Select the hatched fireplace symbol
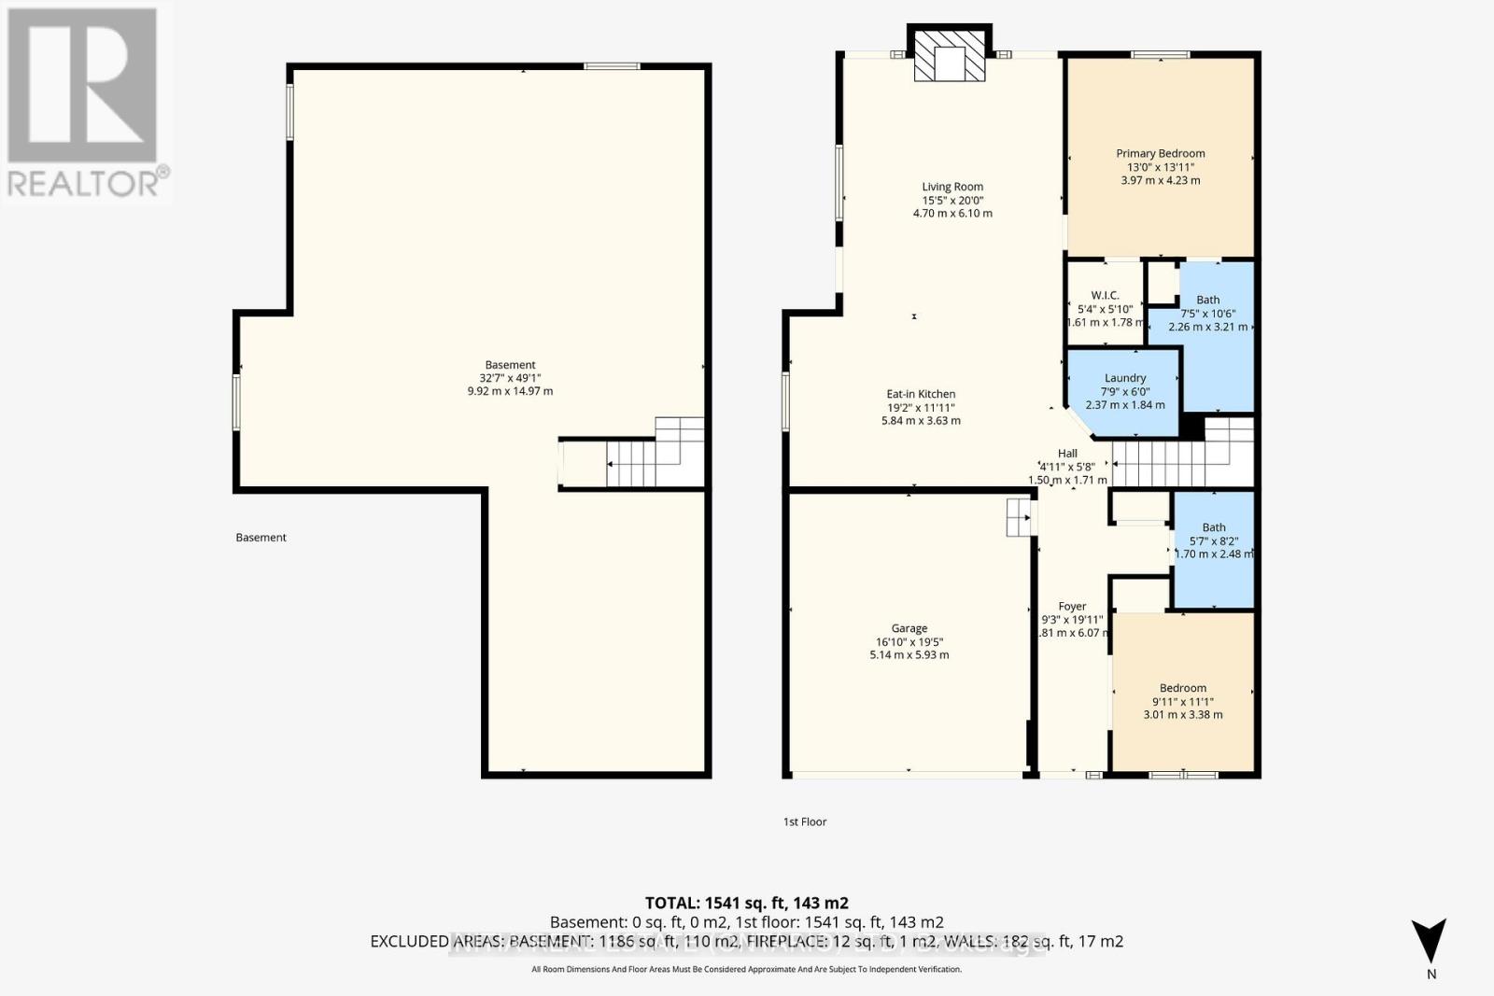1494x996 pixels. (949, 59)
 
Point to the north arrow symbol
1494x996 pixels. (1429, 940)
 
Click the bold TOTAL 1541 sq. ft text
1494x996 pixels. (746, 903)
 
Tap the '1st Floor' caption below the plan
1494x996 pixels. (804, 822)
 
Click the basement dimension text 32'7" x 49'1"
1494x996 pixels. (510, 378)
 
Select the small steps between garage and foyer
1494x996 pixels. (1019, 516)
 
